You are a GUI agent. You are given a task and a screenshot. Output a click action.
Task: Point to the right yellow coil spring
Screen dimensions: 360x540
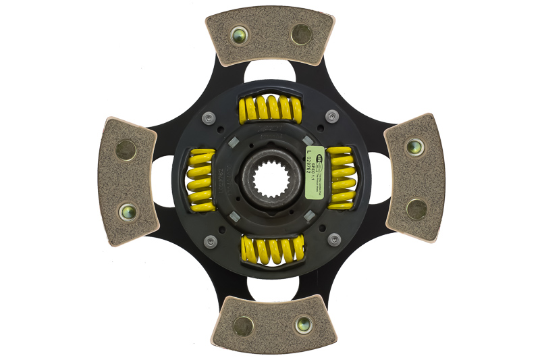(341, 178)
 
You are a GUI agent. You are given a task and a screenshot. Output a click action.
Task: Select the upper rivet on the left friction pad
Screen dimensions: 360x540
(126, 149)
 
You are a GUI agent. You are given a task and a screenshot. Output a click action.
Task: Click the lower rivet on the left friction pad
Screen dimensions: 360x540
(126, 211)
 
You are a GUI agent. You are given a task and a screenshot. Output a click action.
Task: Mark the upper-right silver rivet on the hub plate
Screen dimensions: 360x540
(331, 116)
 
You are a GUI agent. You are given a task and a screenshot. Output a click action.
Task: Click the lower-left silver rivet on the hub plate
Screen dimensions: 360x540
(210, 240)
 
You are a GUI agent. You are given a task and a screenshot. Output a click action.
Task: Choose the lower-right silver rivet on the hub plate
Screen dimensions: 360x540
(333, 239)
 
